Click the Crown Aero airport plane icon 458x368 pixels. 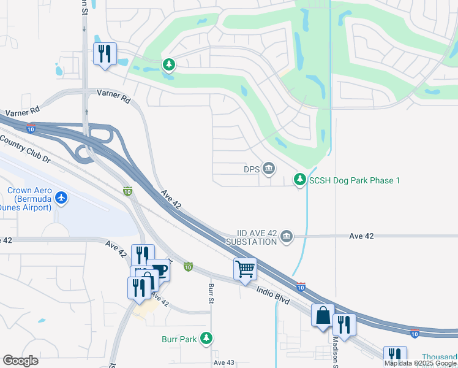(61, 197)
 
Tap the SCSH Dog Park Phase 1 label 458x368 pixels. (355, 180)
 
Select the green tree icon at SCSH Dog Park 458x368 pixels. (299, 179)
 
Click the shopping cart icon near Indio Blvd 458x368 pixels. (245, 268)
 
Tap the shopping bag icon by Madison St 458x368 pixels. (323, 315)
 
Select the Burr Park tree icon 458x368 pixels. (207, 338)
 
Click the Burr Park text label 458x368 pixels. (179, 338)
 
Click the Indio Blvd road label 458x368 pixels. (272, 288)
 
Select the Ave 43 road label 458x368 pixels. (223, 363)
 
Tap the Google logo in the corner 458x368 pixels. (20, 361)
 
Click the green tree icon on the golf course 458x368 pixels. (169, 64)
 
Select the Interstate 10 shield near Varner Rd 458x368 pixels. (31, 129)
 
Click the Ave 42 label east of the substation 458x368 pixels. (361, 236)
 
